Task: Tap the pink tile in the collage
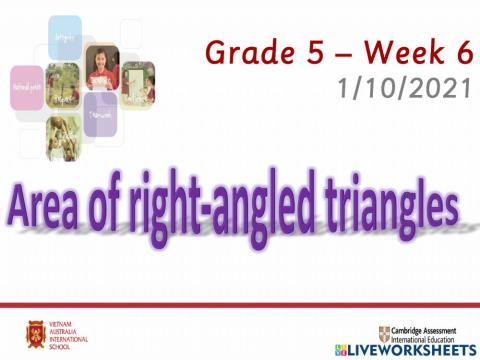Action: coord(27,87)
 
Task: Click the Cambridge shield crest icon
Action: coord(385,333)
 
